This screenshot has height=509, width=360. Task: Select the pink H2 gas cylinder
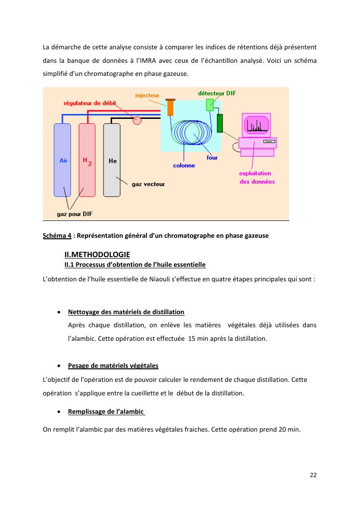point(87,160)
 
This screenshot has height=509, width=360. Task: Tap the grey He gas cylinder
point(112,160)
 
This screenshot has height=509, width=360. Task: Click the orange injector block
point(170,107)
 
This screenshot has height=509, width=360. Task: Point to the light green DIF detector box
point(210,104)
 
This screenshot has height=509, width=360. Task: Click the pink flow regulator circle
point(137,120)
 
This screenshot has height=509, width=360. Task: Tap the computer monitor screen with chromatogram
point(256,125)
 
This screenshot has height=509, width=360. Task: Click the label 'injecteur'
point(147,95)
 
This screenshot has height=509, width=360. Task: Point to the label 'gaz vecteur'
point(148,184)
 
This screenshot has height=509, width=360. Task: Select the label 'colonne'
point(184,165)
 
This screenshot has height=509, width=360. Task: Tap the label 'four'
point(212,158)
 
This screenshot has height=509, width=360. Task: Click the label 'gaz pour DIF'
point(75,214)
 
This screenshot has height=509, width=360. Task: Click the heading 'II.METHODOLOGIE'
point(97,254)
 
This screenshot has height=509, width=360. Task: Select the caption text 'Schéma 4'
point(57,235)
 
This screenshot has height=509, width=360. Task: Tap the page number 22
point(313,475)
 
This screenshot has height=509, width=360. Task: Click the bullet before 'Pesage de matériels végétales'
point(58,365)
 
